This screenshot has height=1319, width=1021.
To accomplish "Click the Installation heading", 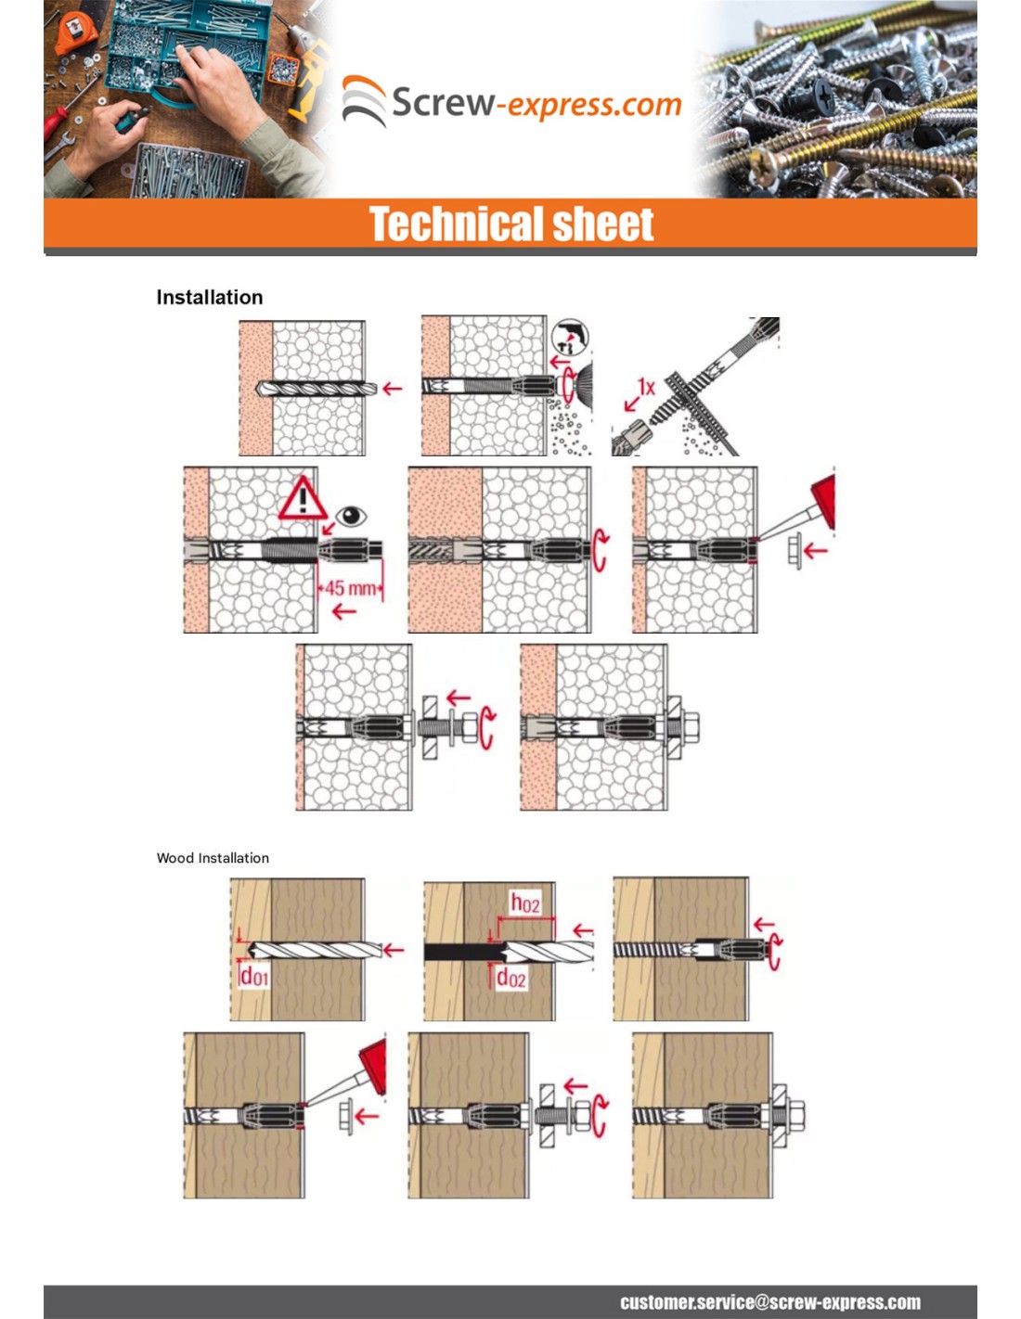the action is (210, 298).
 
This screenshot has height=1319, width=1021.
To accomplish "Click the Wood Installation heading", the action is (213, 858).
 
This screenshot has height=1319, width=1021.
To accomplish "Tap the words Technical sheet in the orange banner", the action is (511, 224).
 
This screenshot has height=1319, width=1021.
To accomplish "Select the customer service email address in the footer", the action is (770, 1302).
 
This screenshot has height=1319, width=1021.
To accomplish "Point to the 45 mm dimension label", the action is (351, 587).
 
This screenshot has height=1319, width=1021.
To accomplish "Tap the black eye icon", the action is (351, 517).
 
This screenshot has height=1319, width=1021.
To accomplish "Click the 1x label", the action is (646, 387).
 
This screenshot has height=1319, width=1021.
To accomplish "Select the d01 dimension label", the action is (254, 977).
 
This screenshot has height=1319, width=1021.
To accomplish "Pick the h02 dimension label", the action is (524, 903).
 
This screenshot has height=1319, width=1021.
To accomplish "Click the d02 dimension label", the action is (511, 978).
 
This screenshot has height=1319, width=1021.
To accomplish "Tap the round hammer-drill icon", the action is (570, 337).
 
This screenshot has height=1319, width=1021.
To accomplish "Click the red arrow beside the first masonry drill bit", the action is (393, 389).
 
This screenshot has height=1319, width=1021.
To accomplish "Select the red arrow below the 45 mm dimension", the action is (344, 611).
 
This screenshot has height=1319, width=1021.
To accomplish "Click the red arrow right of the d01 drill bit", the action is (394, 951).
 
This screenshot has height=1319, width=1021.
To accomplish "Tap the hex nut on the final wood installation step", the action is (795, 1116).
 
